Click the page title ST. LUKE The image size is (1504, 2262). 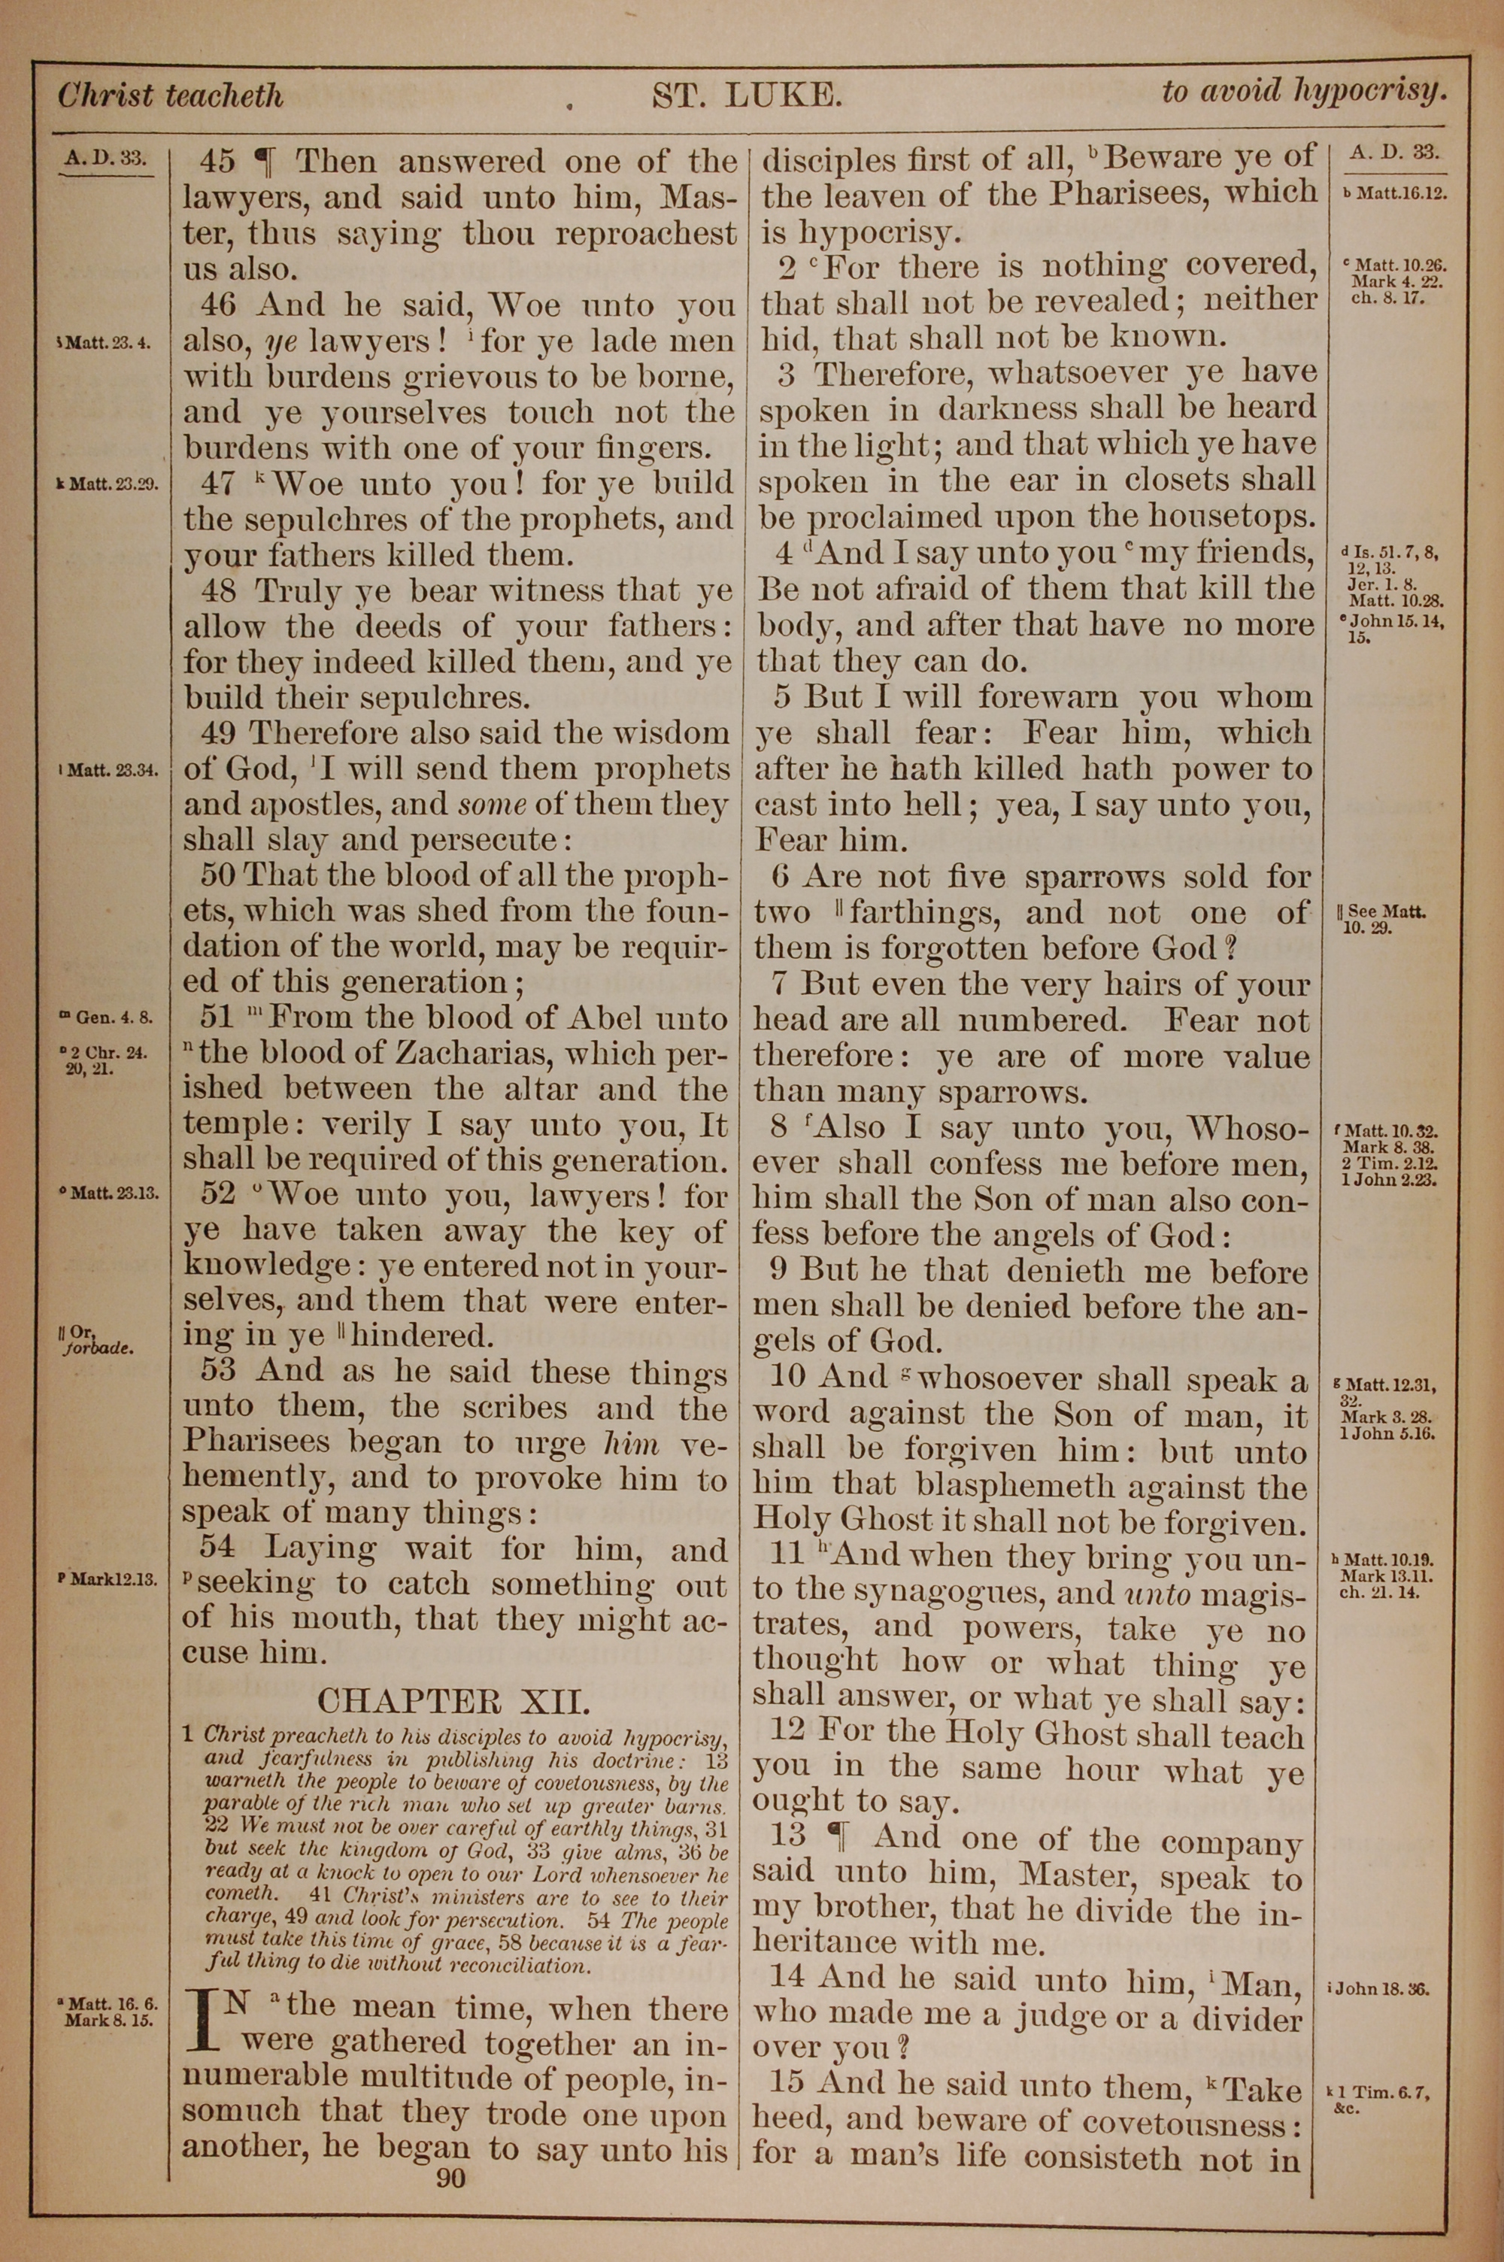tap(747, 95)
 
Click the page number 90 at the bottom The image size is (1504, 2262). tap(450, 2153)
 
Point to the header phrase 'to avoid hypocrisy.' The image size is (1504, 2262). tap(1302, 91)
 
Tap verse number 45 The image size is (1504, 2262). tap(219, 161)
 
